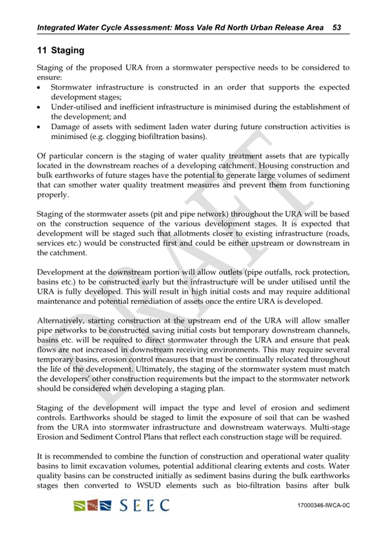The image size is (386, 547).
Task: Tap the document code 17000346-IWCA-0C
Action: tap(323, 506)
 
